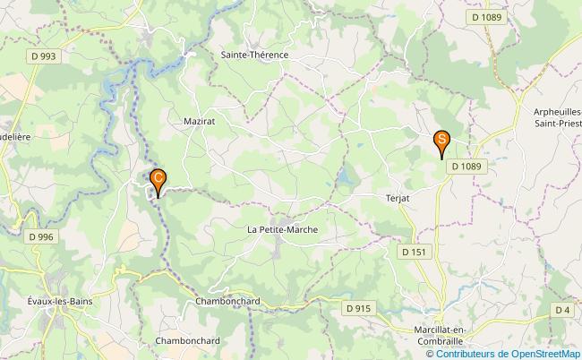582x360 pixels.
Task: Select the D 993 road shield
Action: coord(42,56)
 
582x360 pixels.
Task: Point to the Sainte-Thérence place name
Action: coord(254,55)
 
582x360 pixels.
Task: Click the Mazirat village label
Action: coord(198,117)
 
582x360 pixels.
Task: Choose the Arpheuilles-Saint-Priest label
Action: coord(557,116)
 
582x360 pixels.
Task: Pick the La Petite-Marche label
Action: coord(282,229)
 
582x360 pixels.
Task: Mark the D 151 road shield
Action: coord(414,253)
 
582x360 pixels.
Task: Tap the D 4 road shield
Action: coord(561,310)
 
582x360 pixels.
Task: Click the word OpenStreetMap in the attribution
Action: coord(543,353)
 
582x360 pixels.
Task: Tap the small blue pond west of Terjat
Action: coord(344,182)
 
